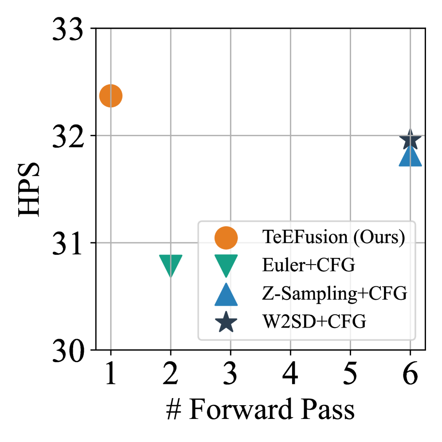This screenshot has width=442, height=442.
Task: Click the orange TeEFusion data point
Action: click(x=111, y=96)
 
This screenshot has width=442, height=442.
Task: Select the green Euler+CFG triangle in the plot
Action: click(x=171, y=265)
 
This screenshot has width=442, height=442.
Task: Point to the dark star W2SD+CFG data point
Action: click(x=410, y=141)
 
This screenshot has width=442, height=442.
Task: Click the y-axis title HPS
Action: click(x=29, y=190)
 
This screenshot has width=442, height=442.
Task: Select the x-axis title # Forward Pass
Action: click(x=260, y=410)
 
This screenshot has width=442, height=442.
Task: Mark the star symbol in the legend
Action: click(x=226, y=322)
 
